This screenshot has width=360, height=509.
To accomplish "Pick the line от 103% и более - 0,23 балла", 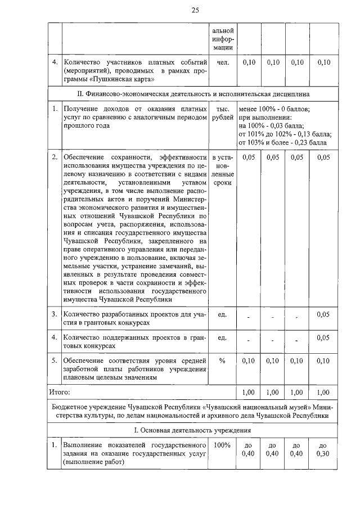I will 282,142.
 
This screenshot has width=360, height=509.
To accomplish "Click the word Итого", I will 60,390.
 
